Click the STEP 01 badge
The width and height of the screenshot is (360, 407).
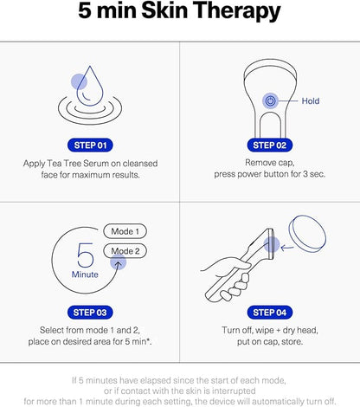(90, 145)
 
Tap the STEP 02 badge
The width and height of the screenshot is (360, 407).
(270, 145)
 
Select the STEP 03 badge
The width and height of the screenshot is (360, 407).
(90, 313)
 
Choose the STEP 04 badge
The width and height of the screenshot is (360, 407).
(270, 313)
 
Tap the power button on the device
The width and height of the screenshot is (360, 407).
(270, 101)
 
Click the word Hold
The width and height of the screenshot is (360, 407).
(311, 101)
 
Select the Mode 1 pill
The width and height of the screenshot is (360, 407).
(125, 231)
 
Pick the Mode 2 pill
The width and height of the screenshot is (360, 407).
(125, 251)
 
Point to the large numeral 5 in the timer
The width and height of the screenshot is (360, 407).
(86, 255)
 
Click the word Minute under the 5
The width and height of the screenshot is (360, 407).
(85, 275)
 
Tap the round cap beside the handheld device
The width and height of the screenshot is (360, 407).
(307, 234)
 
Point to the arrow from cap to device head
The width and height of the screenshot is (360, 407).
(287, 248)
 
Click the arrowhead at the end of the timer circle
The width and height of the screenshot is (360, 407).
(118, 263)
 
